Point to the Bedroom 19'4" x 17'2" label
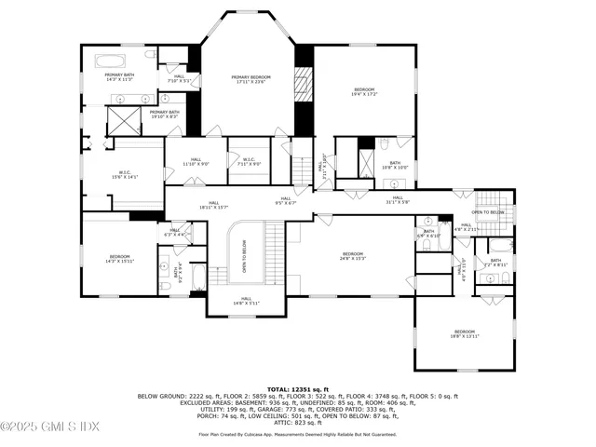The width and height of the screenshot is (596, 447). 364,92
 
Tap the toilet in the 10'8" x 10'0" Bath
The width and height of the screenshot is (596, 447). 384,143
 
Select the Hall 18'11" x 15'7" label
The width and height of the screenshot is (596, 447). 213,205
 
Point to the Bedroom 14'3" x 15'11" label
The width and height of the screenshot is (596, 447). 119,259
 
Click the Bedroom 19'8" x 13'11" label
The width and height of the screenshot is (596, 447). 464,333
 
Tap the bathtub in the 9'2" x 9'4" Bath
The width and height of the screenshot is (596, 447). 198,277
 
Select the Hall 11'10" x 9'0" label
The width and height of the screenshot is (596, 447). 196,161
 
